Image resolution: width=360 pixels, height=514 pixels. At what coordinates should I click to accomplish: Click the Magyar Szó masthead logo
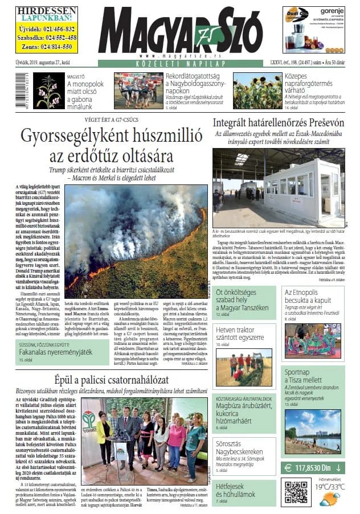181,32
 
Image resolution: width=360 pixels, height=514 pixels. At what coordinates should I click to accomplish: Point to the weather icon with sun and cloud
329,499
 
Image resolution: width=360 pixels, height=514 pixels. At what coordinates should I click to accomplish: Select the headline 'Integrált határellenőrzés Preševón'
278,122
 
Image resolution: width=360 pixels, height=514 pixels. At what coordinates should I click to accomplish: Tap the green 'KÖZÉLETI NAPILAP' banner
181,64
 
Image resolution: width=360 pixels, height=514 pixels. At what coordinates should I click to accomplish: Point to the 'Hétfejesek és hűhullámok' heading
238,486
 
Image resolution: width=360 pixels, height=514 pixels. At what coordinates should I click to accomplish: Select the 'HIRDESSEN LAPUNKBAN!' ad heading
46,14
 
